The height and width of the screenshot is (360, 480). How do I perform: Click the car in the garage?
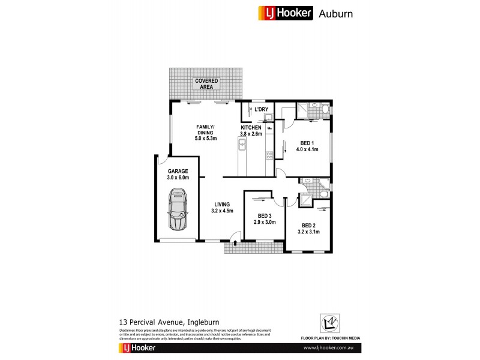[178, 210]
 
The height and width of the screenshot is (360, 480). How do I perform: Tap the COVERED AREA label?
[206, 83]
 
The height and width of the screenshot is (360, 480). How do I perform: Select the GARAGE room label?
[178, 171]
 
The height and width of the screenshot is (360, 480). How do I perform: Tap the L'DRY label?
[261, 109]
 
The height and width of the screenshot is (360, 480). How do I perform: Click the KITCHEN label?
[251, 128]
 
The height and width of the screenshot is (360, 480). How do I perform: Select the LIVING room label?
[222, 205]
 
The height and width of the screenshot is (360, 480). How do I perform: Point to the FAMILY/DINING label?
[206, 129]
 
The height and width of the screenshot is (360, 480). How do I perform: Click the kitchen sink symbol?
[243, 145]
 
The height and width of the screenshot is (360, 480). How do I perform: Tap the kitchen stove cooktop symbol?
[269, 154]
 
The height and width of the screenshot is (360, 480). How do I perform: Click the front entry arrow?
[235, 244]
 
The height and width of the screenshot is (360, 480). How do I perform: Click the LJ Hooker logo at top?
[286, 13]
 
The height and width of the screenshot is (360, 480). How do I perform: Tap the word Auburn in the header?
[335, 13]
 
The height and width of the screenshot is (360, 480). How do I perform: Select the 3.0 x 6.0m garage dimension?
[178, 178]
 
